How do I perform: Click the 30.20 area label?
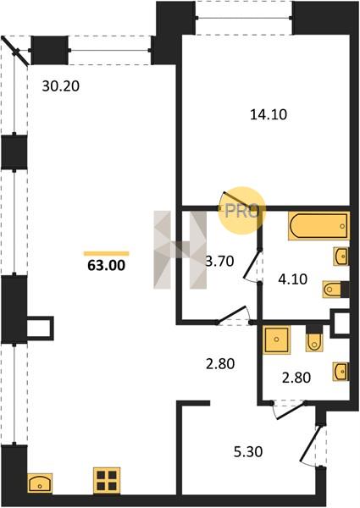click(x=61, y=86)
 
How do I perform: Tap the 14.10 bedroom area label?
click(x=269, y=114)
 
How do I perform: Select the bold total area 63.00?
click(x=106, y=266)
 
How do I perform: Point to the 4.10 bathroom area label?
click(x=292, y=279)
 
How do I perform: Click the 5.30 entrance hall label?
click(x=248, y=451)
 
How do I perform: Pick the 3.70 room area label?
click(x=220, y=261)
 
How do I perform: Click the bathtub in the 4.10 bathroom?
click(x=318, y=226)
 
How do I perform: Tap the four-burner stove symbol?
click(x=107, y=480)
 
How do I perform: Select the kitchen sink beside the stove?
click(x=40, y=483)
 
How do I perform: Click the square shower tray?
click(x=276, y=340)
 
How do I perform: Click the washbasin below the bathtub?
click(x=341, y=257)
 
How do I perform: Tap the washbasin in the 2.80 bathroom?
click(x=341, y=371)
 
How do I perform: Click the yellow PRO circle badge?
click(x=241, y=211)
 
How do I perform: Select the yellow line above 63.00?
click(x=106, y=254)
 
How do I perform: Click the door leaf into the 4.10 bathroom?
click(x=252, y=264)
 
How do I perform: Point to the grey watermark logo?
click(x=180, y=250)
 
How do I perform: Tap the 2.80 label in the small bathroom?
click(x=296, y=378)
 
